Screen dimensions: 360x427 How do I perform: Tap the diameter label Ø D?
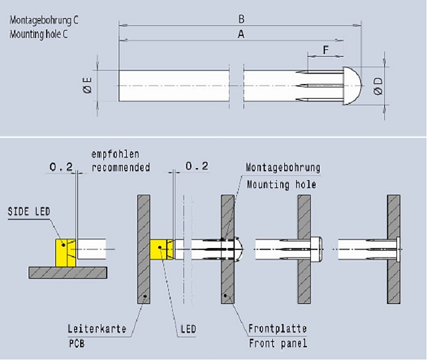[x=378, y=85]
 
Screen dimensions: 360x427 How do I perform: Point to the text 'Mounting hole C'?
[x=39, y=33]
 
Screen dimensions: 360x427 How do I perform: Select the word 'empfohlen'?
[x=114, y=155]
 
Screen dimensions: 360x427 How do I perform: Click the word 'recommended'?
[x=119, y=167]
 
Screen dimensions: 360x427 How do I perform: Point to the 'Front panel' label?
[x=278, y=343]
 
